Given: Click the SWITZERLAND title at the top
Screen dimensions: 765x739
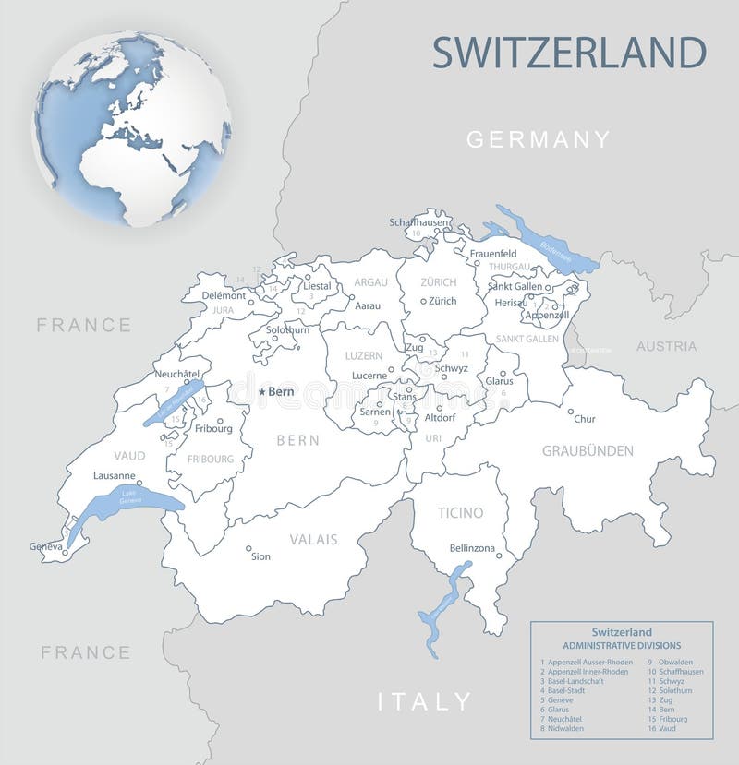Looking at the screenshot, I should [x=569, y=53].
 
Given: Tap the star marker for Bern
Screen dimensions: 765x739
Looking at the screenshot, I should [x=262, y=392].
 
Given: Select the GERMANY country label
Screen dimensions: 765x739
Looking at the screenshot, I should [x=538, y=140].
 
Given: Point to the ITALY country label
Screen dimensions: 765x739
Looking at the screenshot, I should [x=424, y=701].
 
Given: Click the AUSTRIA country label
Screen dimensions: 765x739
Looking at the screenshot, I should [x=666, y=346].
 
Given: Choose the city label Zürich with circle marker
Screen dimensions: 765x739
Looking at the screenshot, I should [x=442, y=301].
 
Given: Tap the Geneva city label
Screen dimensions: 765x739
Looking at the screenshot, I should [x=45, y=546].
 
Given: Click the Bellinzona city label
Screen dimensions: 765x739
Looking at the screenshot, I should [x=472, y=548].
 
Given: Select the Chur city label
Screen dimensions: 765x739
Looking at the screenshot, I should [x=584, y=419].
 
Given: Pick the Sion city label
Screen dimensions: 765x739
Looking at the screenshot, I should [x=260, y=556].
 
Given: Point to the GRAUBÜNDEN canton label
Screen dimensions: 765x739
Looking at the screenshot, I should [x=588, y=451].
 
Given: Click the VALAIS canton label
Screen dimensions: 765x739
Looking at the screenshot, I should [x=313, y=539].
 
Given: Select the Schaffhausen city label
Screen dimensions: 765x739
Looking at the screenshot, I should [x=418, y=222].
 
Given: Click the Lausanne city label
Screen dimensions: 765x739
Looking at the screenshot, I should [x=115, y=476].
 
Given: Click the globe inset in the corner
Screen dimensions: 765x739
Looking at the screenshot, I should [x=132, y=129].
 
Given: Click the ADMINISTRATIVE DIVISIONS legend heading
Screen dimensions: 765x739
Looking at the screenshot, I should [x=622, y=646].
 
